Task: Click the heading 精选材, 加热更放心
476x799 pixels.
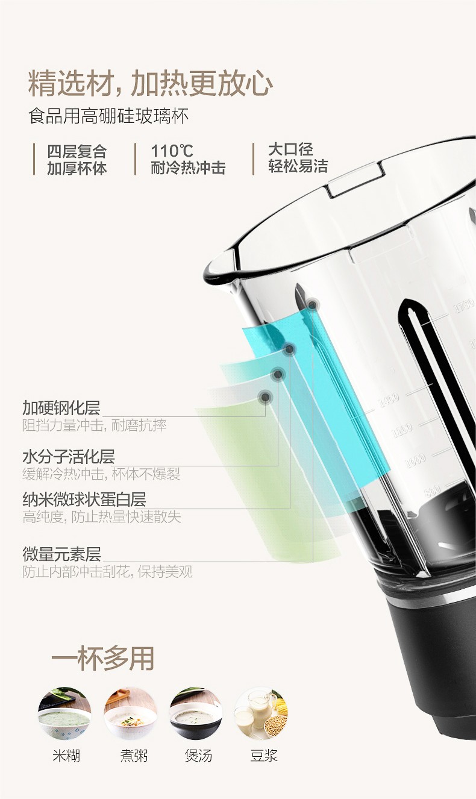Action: click(151, 84)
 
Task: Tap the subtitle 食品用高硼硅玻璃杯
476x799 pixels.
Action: click(108, 116)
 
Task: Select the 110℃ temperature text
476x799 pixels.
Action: click(172, 151)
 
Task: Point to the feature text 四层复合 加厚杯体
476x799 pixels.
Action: click(77, 160)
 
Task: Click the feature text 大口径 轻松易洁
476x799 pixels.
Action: click(298, 158)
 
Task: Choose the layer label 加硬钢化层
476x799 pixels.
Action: click(61, 408)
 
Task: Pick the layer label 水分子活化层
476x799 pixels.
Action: click(69, 457)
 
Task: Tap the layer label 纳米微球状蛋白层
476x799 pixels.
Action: click(84, 500)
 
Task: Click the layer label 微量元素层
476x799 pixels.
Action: click(61, 554)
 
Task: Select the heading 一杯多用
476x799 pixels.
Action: click(102, 658)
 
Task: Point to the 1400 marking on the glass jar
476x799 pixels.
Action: click(389, 400)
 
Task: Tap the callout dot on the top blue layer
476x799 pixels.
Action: click(312, 305)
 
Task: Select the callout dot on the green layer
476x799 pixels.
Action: click(265, 396)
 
